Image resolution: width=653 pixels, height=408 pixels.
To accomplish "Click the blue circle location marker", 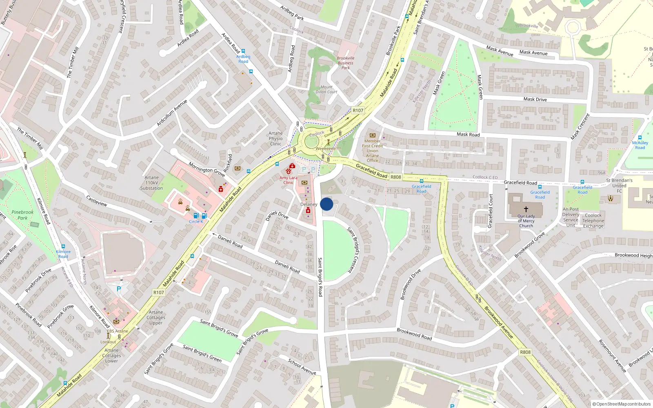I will (326, 204).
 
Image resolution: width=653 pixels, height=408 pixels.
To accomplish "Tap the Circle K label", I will (196, 222).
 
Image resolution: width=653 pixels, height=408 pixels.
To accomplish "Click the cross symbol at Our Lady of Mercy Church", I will (526, 209).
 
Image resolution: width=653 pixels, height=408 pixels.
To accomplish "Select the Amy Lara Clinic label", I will (289, 180).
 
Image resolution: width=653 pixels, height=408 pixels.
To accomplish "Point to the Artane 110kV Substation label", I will (151, 183).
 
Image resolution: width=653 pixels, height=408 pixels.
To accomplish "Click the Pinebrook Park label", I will (22, 215).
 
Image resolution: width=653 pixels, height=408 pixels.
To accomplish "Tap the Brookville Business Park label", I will (345, 63).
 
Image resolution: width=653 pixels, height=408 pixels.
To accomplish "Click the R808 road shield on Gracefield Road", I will (395, 177).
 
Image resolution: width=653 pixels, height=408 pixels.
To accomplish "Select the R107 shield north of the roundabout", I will (358, 110).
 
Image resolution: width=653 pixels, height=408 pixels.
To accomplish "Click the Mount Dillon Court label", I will (326, 89).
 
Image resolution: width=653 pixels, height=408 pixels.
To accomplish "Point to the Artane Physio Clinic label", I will (275, 138).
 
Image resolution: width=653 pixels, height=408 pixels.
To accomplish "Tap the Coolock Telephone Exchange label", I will (593, 221).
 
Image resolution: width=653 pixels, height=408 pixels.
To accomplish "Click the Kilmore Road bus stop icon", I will (63, 246).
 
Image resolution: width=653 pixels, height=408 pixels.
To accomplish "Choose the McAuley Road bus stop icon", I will (640, 137).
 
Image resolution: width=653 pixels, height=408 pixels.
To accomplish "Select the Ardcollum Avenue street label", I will (172, 113).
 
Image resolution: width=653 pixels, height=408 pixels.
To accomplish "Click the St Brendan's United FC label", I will (619, 185).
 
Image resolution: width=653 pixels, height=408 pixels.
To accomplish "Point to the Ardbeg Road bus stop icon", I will (243, 51).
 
